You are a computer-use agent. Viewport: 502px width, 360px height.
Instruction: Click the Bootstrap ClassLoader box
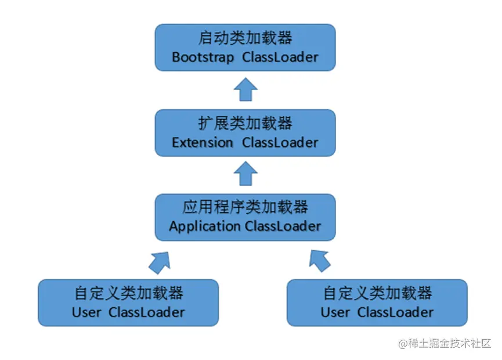click(x=245, y=48)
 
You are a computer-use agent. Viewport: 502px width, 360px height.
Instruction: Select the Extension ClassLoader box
click(x=245, y=132)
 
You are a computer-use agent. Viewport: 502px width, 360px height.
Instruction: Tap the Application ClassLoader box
click(x=245, y=217)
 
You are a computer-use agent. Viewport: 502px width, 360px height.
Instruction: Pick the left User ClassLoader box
click(x=128, y=303)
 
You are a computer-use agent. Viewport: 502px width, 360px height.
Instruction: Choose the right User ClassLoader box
click(x=377, y=303)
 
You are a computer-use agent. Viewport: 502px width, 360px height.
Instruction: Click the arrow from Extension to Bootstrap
click(x=245, y=90)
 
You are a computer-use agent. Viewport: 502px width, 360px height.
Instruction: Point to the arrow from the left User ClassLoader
click(x=160, y=261)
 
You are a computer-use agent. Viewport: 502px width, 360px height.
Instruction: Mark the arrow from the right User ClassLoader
click(x=321, y=261)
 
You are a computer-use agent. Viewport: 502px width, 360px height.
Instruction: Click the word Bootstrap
click(x=203, y=57)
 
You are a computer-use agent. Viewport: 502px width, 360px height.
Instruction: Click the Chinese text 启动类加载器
click(x=245, y=38)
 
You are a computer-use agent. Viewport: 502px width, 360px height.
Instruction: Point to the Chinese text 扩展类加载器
click(x=245, y=123)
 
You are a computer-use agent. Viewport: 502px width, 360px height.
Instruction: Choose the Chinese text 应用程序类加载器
click(x=245, y=207)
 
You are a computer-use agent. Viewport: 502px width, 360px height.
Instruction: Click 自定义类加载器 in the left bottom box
click(x=128, y=293)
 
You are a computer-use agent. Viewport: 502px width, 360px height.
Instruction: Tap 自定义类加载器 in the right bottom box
click(x=377, y=293)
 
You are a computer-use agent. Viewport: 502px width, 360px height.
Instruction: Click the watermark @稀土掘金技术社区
click(x=445, y=343)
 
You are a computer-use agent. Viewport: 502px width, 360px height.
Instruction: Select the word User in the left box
click(x=86, y=312)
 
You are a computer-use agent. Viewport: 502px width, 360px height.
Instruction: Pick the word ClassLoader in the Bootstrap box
click(x=280, y=57)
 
